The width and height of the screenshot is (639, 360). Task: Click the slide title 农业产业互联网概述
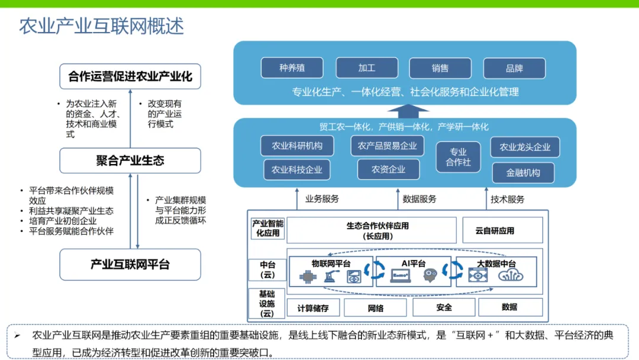click(x=102, y=27)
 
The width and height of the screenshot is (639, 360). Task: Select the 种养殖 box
click(x=292, y=68)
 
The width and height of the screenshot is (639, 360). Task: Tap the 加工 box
click(x=366, y=68)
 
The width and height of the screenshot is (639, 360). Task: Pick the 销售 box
click(x=440, y=68)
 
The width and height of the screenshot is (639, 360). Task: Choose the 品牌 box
click(x=514, y=68)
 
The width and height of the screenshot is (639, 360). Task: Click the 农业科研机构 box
click(x=297, y=146)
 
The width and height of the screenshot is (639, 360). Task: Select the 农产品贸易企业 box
click(x=387, y=146)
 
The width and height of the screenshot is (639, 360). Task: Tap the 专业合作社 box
click(x=458, y=157)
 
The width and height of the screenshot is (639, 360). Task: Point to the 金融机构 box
click(x=523, y=173)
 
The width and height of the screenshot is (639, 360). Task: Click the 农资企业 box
click(x=388, y=169)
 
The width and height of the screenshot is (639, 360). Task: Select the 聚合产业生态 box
click(x=130, y=160)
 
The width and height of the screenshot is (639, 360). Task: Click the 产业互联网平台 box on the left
click(x=130, y=264)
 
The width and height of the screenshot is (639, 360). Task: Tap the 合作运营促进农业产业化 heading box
click(x=130, y=77)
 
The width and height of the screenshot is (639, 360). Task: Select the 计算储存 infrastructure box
click(x=313, y=308)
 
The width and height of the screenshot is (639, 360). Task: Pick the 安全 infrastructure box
click(x=444, y=307)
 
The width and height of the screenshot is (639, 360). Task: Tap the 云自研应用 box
click(x=495, y=230)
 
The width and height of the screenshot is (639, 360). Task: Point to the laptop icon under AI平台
click(x=401, y=275)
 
